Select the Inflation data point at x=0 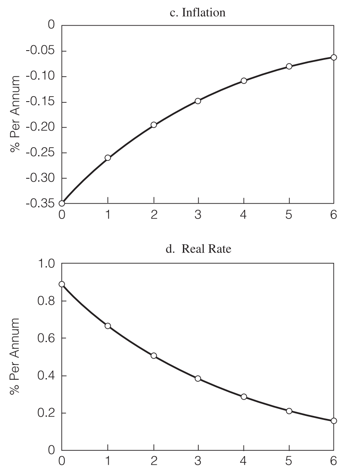click(62, 203)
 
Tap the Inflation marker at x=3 click(198, 101)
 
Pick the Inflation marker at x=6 click(334, 57)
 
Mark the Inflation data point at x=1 click(108, 158)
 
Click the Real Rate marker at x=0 click(62, 284)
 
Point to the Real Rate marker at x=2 click(154, 356)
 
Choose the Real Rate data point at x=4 click(244, 397)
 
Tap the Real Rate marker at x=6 click(334, 421)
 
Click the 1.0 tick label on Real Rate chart click(46, 264)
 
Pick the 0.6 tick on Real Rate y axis click(46, 338)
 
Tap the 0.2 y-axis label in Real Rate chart click(46, 413)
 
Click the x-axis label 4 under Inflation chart click(244, 215)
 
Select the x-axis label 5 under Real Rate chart click(289, 461)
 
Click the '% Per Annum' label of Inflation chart click(16, 114)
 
